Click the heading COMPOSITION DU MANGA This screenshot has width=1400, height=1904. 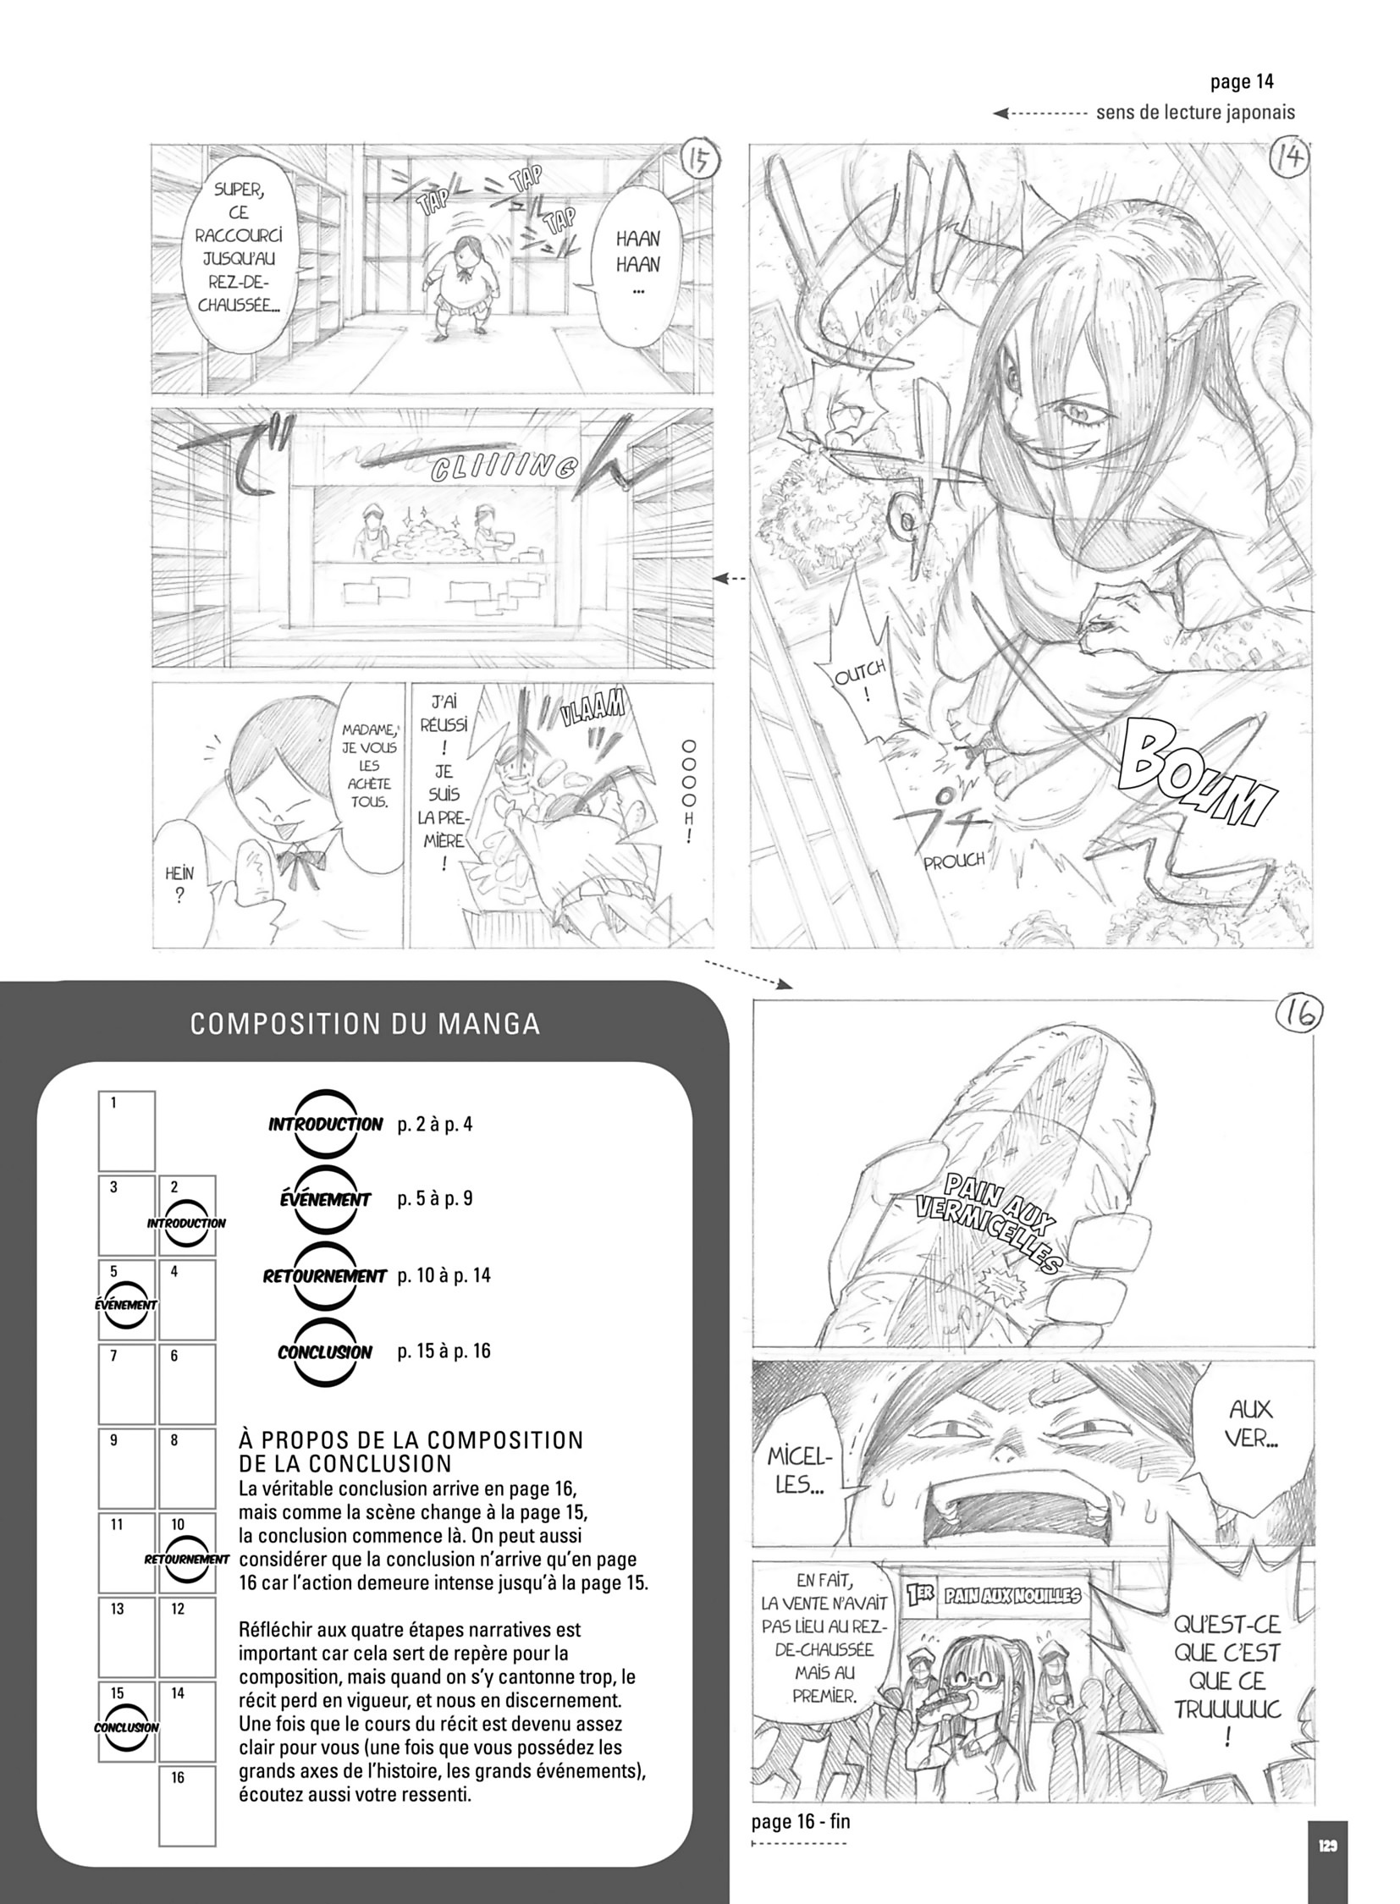tap(365, 1024)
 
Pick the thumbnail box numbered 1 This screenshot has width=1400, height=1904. tap(127, 1131)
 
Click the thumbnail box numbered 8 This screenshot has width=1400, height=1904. tap(187, 1468)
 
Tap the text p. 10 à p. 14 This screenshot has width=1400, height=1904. tap(444, 1274)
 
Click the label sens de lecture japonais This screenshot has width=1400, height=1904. tap(1195, 112)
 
